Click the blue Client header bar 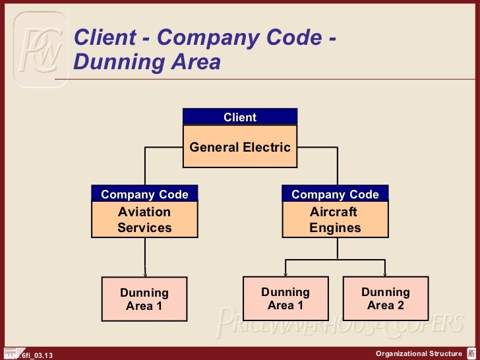pos(240,117)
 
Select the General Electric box pos(240,147)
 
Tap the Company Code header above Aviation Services pos(144,195)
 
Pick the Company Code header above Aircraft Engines pos(335,195)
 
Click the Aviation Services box pos(144,220)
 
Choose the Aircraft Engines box pos(335,220)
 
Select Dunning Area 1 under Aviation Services pos(144,299)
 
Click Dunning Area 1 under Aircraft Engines pos(285,298)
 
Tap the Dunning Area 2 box pos(386,298)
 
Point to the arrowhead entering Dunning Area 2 pos(385,274)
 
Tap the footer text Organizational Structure pos(419,354)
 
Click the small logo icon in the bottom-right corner pos(471,354)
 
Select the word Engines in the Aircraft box pos(335,228)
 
